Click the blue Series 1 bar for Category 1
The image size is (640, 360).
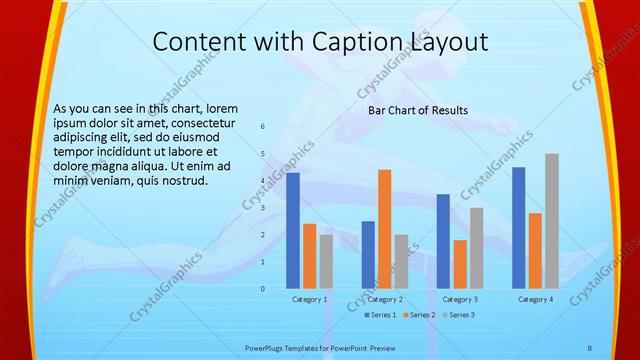tap(293, 230)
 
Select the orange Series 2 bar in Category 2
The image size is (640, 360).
tap(384, 229)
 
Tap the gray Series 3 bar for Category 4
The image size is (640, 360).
tap(552, 221)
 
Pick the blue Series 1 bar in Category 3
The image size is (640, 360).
tap(443, 241)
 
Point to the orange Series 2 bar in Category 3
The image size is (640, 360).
tap(460, 264)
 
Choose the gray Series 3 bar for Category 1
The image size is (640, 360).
tap(326, 261)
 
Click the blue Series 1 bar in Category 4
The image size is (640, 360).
tap(518, 227)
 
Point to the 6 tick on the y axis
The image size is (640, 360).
tap(262, 127)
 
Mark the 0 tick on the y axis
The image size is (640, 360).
tap(262, 288)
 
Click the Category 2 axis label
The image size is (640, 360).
tap(385, 299)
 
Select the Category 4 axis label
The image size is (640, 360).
tap(535, 299)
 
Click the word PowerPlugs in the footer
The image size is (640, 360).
tap(269, 347)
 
